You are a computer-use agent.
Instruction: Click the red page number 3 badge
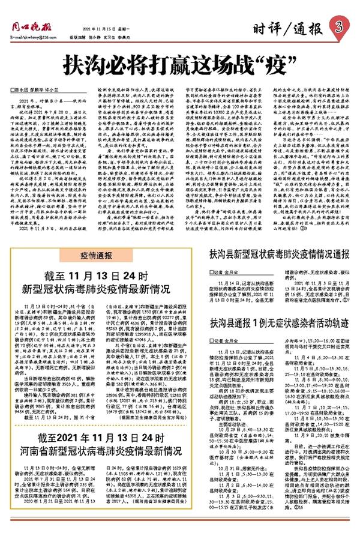click(340, 27)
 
